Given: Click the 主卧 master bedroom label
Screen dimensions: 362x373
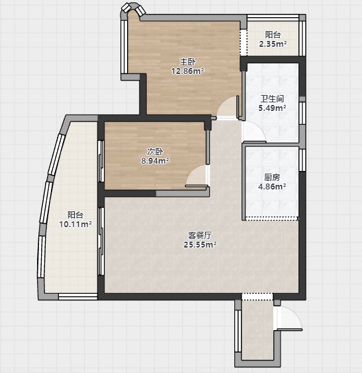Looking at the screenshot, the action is [x=187, y=62].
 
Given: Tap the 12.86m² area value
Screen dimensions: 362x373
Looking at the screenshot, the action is [x=188, y=71].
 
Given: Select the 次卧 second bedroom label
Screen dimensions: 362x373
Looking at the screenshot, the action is [x=155, y=152].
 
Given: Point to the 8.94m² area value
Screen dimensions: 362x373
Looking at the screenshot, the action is [x=155, y=161].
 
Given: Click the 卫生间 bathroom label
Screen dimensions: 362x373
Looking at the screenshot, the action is [x=272, y=99].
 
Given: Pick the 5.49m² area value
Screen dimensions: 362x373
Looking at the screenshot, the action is [x=272, y=108].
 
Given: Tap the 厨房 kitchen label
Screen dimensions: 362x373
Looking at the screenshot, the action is [x=272, y=177].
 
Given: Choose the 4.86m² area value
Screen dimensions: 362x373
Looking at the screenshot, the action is [x=272, y=186].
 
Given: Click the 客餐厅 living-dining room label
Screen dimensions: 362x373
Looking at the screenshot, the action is [x=200, y=236].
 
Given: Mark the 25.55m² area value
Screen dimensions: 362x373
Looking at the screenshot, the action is [x=200, y=244].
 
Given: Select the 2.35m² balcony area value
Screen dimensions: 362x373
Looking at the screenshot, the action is [x=273, y=44].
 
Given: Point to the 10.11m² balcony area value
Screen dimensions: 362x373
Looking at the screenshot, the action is [x=75, y=224].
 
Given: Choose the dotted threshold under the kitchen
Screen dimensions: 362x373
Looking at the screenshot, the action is [x=272, y=217].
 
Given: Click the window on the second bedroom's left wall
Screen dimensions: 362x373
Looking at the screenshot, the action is [x=101, y=162].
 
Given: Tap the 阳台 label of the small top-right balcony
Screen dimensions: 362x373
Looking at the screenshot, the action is [x=273, y=35].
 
